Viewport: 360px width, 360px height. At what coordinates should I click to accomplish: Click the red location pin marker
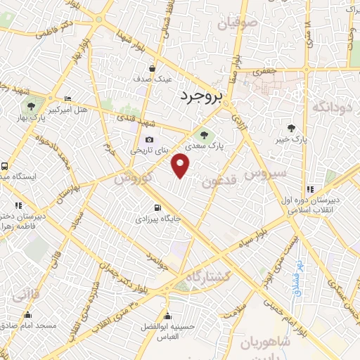click(x=181, y=165)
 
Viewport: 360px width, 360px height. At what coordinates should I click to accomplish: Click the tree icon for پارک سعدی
click(x=203, y=134)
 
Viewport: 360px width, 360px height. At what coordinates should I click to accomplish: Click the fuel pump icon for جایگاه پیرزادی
click(x=157, y=207)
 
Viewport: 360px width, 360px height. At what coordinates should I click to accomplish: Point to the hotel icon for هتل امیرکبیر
click(x=67, y=98)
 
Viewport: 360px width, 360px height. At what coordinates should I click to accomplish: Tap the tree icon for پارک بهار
click(x=31, y=106)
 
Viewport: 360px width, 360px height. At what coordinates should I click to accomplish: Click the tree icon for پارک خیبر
click(x=291, y=127)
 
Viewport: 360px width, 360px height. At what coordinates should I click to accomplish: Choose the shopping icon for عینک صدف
click(x=152, y=68)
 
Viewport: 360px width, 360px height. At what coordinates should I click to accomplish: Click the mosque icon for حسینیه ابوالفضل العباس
click(x=167, y=314)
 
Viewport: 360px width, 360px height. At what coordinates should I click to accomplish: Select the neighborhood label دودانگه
click(x=330, y=107)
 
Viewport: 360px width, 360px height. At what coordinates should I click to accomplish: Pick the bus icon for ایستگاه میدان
click(x=5, y=167)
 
